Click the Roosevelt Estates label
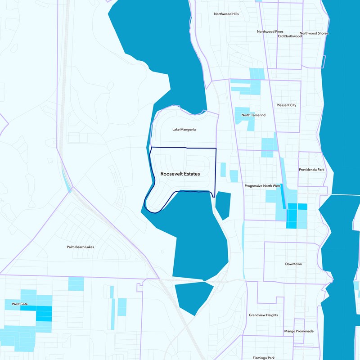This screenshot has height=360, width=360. [180, 173]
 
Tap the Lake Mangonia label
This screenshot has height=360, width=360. [184, 130]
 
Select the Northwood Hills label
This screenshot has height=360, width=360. [226, 14]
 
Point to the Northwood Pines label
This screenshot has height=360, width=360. [270, 31]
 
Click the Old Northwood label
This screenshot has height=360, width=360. [290, 36]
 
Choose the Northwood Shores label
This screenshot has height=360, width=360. [314, 33]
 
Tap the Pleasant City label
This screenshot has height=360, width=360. [287, 105]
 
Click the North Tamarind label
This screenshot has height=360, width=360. [253, 115]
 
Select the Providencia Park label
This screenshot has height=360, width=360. [311, 170]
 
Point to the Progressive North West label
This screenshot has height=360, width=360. [262, 186]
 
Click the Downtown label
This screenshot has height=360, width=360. [293, 264]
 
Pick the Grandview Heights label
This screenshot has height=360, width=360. [263, 315]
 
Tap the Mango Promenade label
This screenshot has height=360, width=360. [299, 331]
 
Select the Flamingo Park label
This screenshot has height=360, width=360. [264, 358]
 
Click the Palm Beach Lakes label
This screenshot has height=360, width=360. [80, 247]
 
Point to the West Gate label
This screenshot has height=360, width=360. [20, 304]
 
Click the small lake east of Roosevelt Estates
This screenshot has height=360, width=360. [223, 205]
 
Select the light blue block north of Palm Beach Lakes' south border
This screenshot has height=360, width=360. [76, 283]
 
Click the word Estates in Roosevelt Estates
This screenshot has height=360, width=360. [190, 173]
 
